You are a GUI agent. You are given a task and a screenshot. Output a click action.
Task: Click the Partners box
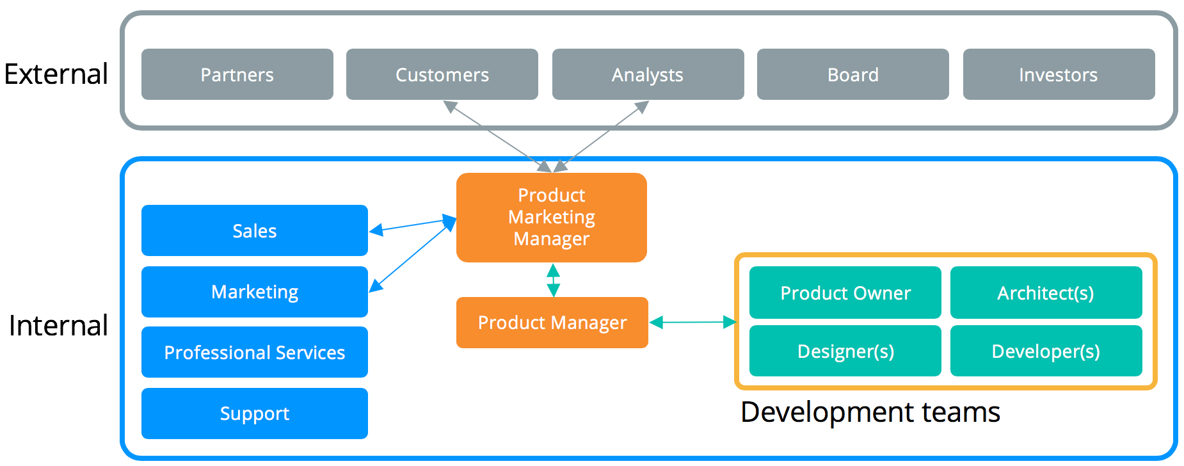tap(237, 74)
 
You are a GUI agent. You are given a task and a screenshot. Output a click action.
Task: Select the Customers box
tap(442, 74)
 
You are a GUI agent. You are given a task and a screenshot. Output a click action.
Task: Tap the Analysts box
tap(648, 74)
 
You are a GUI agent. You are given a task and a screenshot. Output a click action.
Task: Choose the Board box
tap(853, 74)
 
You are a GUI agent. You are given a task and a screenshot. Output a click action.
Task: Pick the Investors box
tap(1059, 74)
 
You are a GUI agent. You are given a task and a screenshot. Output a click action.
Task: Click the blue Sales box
tap(255, 230)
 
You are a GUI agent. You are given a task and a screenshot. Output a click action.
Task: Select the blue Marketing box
tap(255, 292)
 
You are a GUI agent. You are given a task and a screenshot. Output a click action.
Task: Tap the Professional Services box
tap(255, 352)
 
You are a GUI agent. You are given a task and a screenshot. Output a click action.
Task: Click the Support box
tap(255, 414)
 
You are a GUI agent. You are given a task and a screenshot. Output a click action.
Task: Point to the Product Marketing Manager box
tap(552, 218)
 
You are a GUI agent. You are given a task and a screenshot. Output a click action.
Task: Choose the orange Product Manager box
tap(552, 323)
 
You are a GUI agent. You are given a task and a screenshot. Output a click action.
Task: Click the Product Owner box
tap(845, 293)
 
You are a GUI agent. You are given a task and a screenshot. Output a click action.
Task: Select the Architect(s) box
tap(1046, 293)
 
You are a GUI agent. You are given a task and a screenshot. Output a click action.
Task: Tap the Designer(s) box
tap(845, 351)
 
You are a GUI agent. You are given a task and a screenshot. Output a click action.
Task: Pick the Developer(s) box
tap(1046, 351)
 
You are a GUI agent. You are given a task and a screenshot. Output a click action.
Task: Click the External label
tap(56, 74)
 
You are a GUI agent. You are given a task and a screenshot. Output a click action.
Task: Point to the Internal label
tap(58, 326)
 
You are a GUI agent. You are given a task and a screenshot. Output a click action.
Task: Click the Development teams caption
tap(870, 412)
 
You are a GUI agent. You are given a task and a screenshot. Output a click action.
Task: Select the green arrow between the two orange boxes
tap(554, 280)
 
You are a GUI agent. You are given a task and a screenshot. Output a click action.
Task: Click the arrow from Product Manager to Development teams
tap(693, 322)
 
